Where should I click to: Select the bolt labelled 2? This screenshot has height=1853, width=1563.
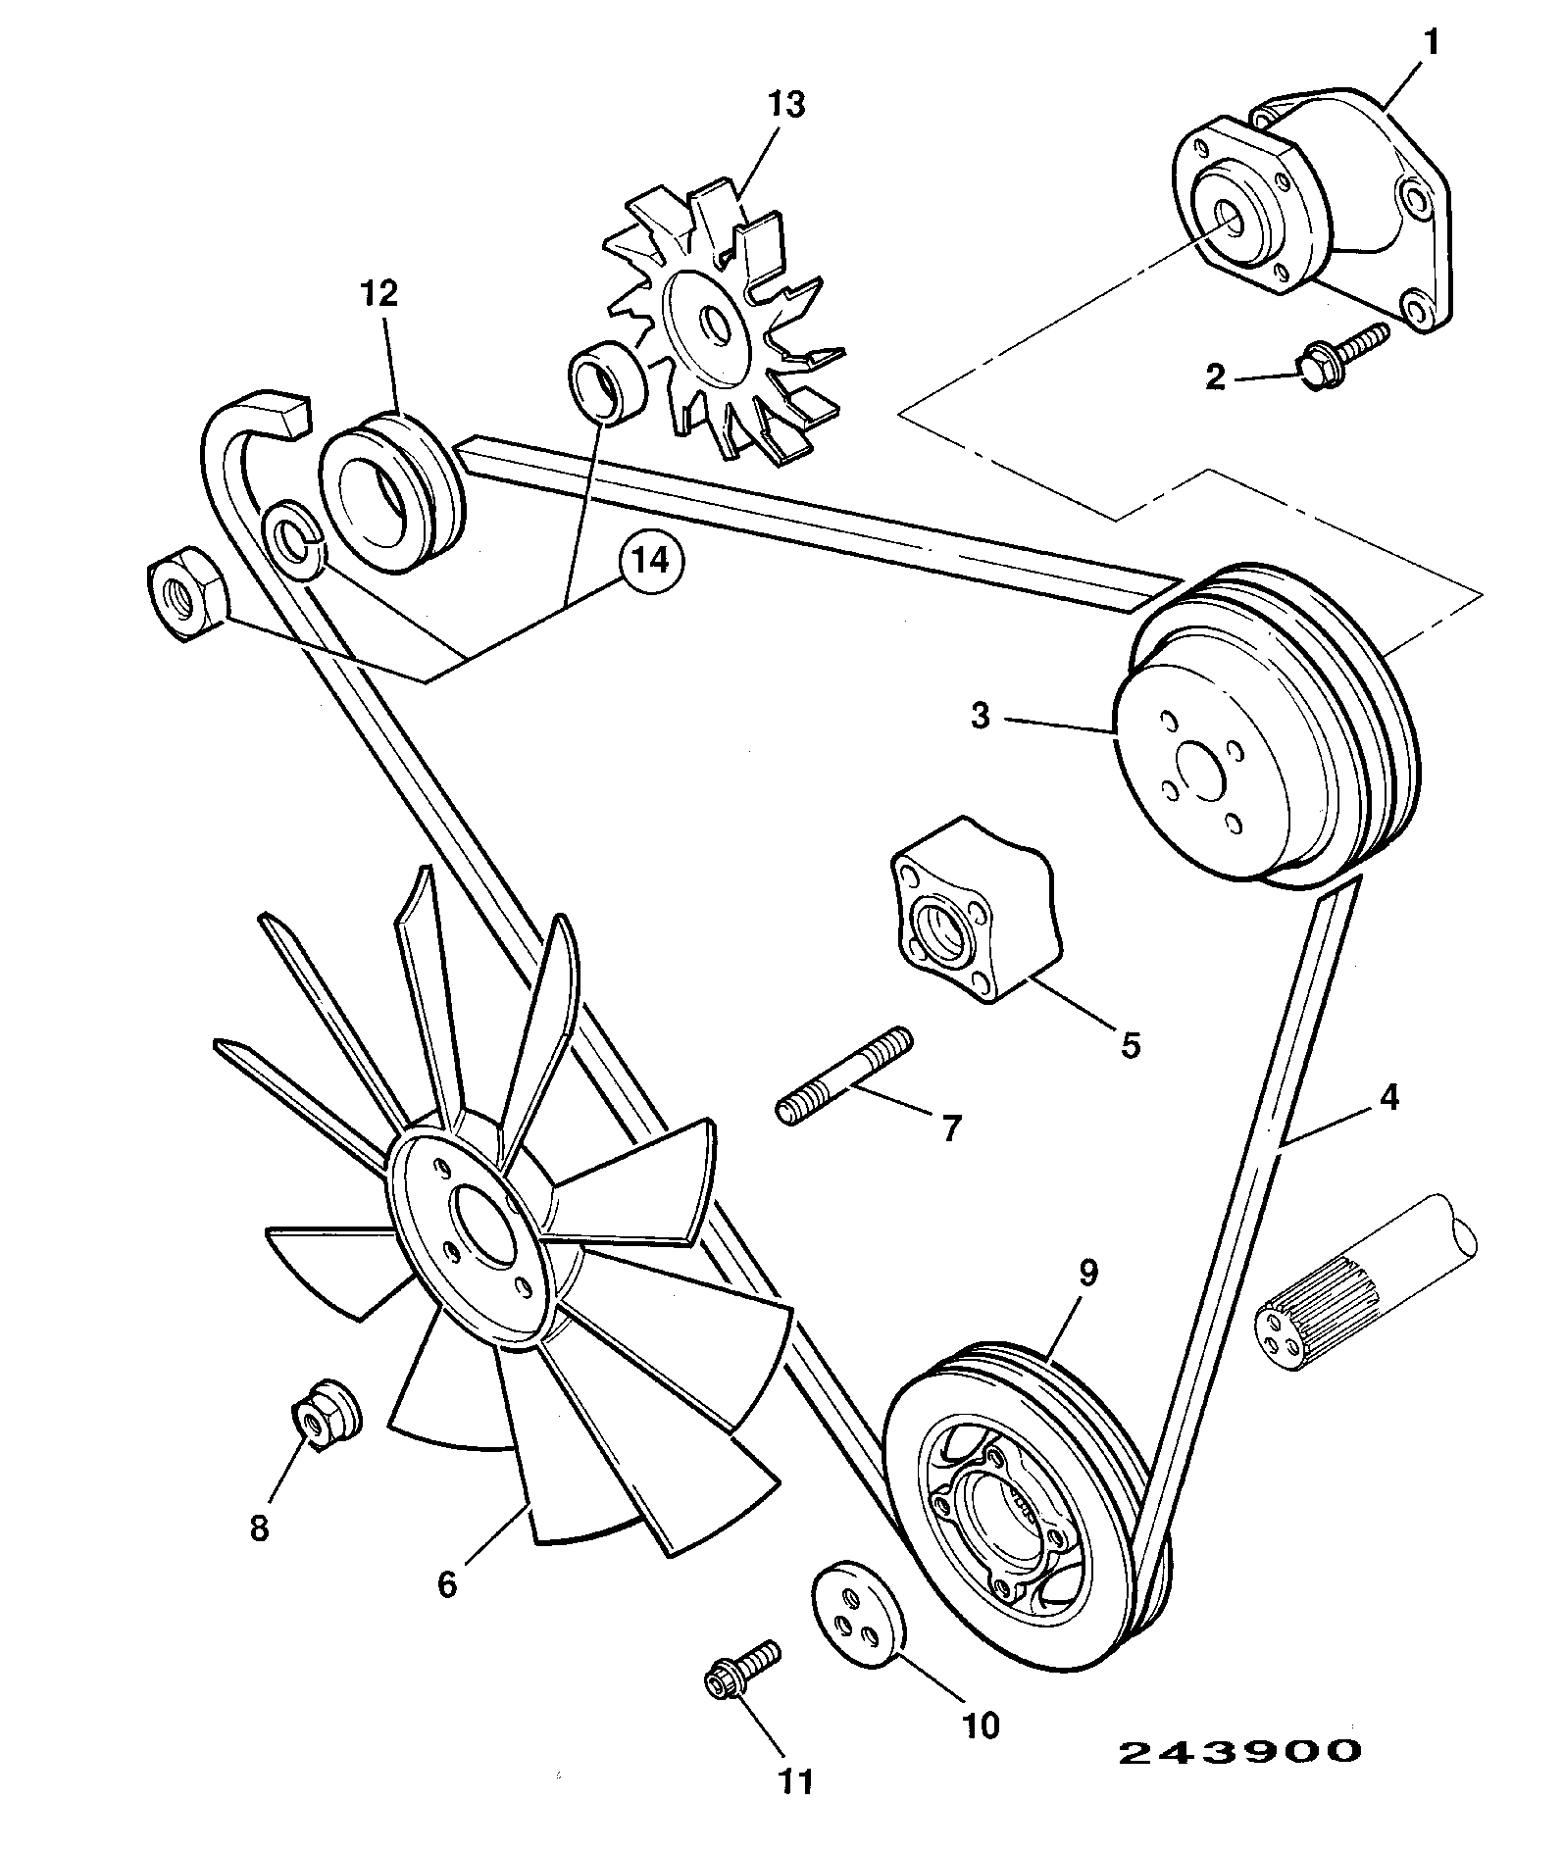[1343, 351]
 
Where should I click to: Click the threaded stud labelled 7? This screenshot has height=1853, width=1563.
[844, 1077]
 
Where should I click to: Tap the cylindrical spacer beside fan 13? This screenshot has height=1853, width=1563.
[606, 384]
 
